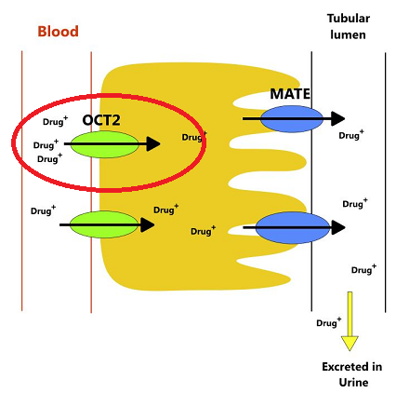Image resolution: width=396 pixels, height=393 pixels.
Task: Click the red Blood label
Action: tap(58, 32)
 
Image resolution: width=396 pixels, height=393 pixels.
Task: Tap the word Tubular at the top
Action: tap(349, 19)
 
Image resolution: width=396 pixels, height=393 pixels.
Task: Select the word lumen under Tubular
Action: tap(348, 34)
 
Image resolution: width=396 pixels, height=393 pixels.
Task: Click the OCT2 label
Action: tap(101, 120)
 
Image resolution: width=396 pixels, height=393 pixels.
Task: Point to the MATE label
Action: tap(290, 94)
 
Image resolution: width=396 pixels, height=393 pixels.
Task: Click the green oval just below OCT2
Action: tap(104, 144)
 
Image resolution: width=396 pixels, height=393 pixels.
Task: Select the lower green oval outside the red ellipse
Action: tap(104, 224)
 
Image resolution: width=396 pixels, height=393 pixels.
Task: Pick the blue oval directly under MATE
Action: tap(292, 119)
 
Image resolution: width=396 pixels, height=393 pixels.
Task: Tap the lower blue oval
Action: tap(292, 228)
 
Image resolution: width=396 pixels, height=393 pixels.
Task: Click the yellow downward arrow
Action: tap(350, 321)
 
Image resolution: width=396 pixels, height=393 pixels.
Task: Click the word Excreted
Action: tap(352, 367)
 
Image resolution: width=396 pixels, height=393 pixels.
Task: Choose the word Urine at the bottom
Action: tap(353, 382)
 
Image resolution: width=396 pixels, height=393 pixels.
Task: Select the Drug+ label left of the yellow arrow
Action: tap(329, 322)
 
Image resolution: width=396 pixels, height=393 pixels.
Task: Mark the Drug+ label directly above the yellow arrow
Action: tap(363, 269)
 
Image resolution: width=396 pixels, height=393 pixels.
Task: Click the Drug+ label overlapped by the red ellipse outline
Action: tap(194, 137)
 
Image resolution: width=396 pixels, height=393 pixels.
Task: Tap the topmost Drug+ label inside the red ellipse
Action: tap(55, 121)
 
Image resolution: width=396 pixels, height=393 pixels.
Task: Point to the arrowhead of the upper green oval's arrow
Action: tap(153, 143)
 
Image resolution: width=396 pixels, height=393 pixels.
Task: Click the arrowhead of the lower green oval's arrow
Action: tap(148, 224)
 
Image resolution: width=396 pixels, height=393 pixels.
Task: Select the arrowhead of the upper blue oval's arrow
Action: tap(338, 118)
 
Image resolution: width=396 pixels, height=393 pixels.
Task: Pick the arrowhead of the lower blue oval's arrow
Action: tap(338, 227)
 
